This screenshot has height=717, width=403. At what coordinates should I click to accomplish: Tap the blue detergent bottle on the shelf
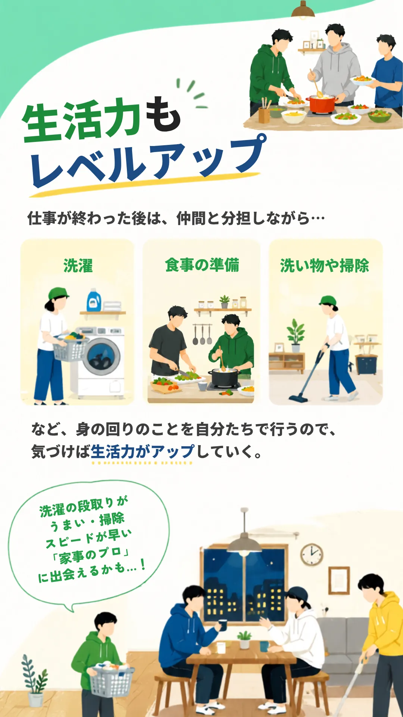(x=94, y=300)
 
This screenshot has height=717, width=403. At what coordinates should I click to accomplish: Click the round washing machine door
(x=101, y=357)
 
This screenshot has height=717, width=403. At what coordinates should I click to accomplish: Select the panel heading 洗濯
(x=78, y=266)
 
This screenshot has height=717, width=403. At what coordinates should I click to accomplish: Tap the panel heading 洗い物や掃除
(x=325, y=266)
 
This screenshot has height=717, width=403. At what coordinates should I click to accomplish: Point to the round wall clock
(x=312, y=554)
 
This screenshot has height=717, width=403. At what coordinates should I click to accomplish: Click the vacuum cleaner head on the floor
(x=298, y=398)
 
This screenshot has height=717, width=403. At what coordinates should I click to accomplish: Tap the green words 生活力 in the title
(x=81, y=120)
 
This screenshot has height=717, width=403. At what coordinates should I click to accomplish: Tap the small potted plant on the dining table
(x=244, y=639)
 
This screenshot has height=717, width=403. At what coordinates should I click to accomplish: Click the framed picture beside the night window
(x=339, y=580)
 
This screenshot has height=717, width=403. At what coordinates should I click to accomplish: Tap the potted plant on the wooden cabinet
(x=296, y=335)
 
